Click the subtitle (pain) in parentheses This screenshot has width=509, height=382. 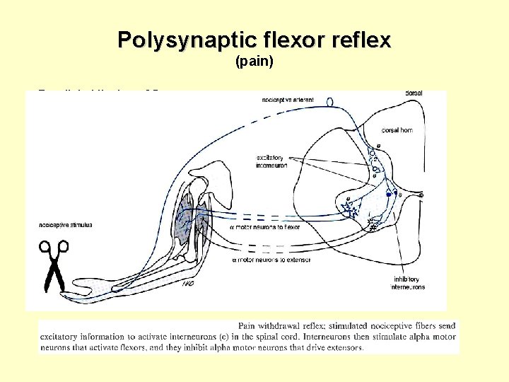coord(254,63)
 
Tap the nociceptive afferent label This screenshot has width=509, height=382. coord(288,100)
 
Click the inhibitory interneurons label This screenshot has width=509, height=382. coord(409,283)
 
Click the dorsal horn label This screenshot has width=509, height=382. coord(397,130)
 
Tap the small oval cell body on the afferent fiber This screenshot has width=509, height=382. coord(330,102)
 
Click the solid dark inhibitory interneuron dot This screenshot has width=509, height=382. coord(388,193)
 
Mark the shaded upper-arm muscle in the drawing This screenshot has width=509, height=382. coord(185,212)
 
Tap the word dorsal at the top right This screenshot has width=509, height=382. coord(414,93)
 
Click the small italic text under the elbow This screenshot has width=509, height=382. coord(187,284)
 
